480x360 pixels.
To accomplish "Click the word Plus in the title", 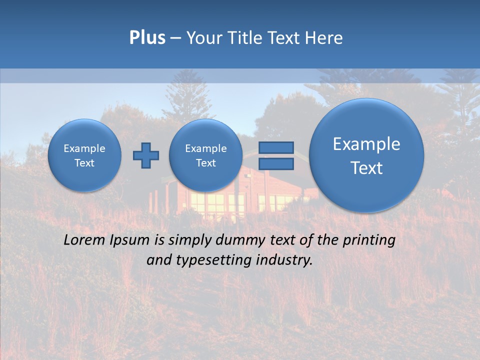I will click(147, 38).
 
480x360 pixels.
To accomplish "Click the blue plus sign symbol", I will click(146, 155).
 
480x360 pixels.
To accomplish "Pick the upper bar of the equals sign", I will click(276, 147).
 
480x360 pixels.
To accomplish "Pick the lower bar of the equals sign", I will click(276, 164).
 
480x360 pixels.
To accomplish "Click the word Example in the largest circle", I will click(366, 144).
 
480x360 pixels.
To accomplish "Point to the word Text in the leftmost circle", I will click(84, 163).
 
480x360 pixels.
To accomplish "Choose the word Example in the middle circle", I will click(205, 148).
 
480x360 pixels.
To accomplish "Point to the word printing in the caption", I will click(368, 240).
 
